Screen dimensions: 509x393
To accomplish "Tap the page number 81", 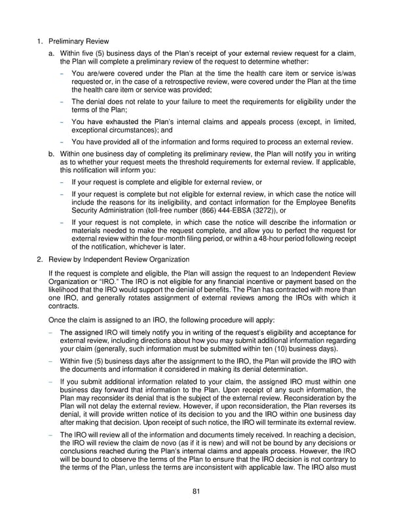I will point(196,492).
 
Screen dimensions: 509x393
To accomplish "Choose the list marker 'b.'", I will point(43,152).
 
